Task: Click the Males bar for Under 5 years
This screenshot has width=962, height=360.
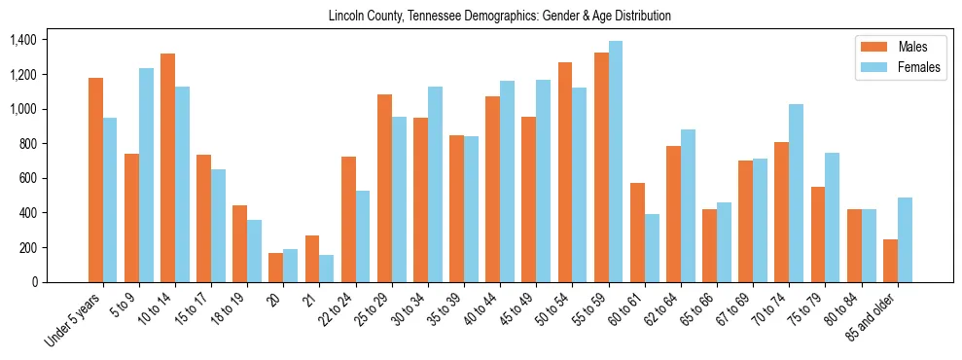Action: [x=95, y=180]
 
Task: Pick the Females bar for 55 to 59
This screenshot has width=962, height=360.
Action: [x=616, y=162]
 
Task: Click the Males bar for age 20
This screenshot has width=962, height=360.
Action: [x=276, y=268]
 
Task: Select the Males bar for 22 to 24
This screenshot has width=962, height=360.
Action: [x=348, y=219]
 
